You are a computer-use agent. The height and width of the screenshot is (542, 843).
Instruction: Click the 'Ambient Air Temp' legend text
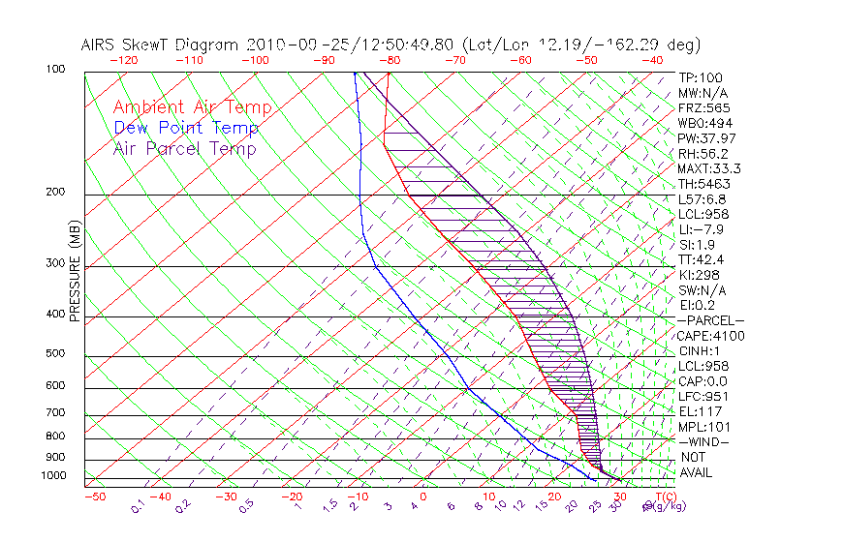[192, 108]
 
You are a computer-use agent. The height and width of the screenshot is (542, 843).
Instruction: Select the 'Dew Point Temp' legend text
[186, 129]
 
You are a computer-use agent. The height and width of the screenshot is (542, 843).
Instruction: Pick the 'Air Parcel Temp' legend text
[184, 149]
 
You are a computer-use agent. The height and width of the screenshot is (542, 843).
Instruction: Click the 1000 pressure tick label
[54, 476]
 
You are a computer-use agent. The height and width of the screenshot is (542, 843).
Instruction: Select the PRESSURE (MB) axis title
[75, 277]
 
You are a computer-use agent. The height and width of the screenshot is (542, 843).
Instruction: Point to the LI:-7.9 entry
[701, 229]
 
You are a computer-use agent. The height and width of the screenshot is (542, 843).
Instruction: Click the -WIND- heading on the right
[703, 441]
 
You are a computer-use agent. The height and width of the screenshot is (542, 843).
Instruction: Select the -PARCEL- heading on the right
[710, 320]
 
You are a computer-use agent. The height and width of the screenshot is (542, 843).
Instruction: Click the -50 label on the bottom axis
[94, 497]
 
